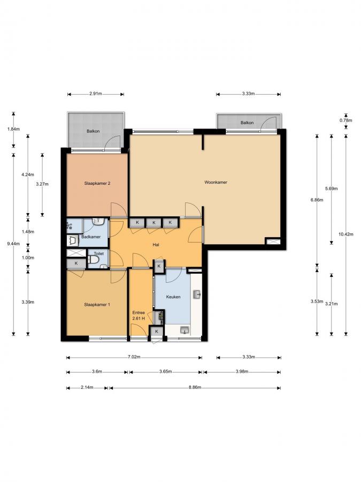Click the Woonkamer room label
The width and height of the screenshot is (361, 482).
[x=216, y=182]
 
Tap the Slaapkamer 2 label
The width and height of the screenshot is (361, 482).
[x=97, y=183]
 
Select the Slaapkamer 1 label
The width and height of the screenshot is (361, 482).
[x=97, y=305]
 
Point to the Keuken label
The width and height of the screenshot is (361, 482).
[x=173, y=297]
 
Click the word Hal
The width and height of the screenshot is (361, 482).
[x=156, y=245]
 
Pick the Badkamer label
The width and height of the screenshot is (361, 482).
[x=91, y=237]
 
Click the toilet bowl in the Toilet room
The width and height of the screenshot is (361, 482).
[x=93, y=260]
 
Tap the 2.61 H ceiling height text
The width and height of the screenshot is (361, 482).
[x=139, y=319]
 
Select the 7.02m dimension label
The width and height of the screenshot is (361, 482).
[x=134, y=357]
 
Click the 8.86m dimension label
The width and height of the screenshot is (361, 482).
[x=195, y=388]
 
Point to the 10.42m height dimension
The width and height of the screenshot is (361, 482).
[x=346, y=234]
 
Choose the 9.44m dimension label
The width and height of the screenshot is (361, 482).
[x=13, y=244]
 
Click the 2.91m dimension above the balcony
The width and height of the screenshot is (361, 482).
[x=96, y=94]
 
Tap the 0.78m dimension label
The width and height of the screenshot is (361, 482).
[x=345, y=120]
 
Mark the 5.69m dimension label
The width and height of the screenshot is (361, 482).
[x=331, y=189]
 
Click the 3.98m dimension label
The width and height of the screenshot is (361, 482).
[x=242, y=372]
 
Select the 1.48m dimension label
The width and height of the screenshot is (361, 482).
[x=28, y=232]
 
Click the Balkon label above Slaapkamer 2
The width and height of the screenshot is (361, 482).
[x=93, y=131]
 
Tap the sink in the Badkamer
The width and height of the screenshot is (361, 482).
[x=97, y=221]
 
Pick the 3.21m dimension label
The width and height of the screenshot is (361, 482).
[x=332, y=304]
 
